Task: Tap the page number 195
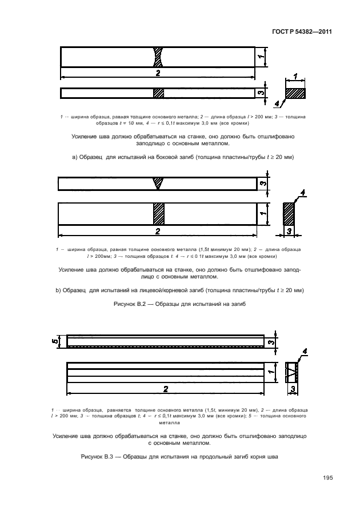(327, 478)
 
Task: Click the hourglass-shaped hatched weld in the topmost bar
(158, 58)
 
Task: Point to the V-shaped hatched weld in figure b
(158, 184)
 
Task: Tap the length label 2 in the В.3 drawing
(166, 389)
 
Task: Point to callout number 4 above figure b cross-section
(303, 192)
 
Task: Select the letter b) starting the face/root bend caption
(58, 290)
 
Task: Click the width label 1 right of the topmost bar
(259, 57)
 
